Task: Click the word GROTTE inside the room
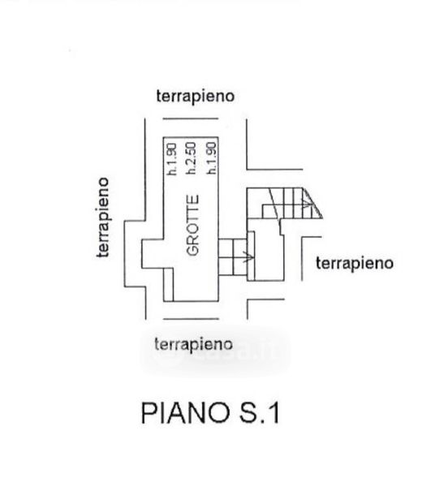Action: tap(193, 225)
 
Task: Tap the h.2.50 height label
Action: tap(191, 158)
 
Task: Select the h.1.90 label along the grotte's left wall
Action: tap(172, 159)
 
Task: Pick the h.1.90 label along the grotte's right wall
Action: tap(212, 157)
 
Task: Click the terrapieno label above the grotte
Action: tap(196, 96)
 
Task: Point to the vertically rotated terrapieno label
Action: tap(103, 218)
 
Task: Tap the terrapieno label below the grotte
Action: tap(193, 344)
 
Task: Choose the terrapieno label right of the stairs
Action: tap(355, 263)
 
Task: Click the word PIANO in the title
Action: tap(185, 413)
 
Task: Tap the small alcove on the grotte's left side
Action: tap(153, 253)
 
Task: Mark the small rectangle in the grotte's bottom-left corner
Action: tap(168, 285)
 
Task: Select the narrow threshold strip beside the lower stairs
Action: tap(251, 256)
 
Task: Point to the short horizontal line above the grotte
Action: tap(191, 119)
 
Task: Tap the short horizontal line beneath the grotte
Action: tap(191, 319)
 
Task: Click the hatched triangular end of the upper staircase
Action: tap(312, 204)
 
